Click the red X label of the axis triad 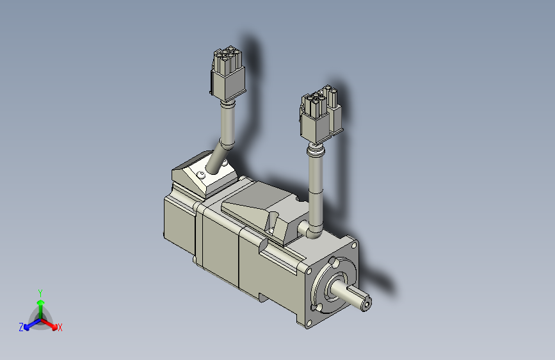click(x=60, y=327)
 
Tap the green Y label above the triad click(x=40, y=293)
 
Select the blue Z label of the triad click(x=21, y=327)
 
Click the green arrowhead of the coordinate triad click(x=41, y=302)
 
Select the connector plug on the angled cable click(x=228, y=74)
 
